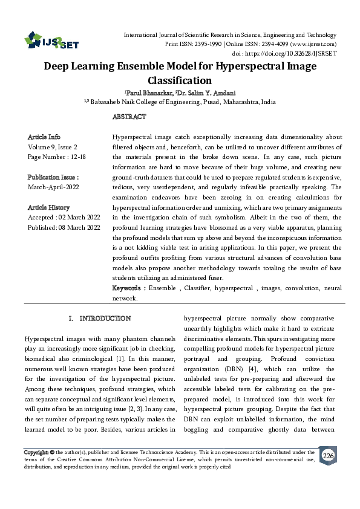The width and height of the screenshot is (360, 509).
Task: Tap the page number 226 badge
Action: pos(328,455)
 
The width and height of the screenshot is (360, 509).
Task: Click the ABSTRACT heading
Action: pos(129,116)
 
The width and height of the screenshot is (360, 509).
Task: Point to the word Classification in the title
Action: pos(180,80)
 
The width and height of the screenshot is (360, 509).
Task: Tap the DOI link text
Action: pos(299,53)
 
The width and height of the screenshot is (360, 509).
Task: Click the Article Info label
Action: pos(44,137)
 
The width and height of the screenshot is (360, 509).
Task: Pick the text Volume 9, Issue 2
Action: pos(53,147)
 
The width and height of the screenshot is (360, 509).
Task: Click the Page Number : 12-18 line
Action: pos(56,157)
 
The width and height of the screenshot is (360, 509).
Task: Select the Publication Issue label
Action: pos(53,177)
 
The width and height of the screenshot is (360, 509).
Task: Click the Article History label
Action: pos(48,207)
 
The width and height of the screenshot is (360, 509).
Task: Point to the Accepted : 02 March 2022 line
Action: pos(63,217)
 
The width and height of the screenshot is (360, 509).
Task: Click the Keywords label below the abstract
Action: pos(128,288)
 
